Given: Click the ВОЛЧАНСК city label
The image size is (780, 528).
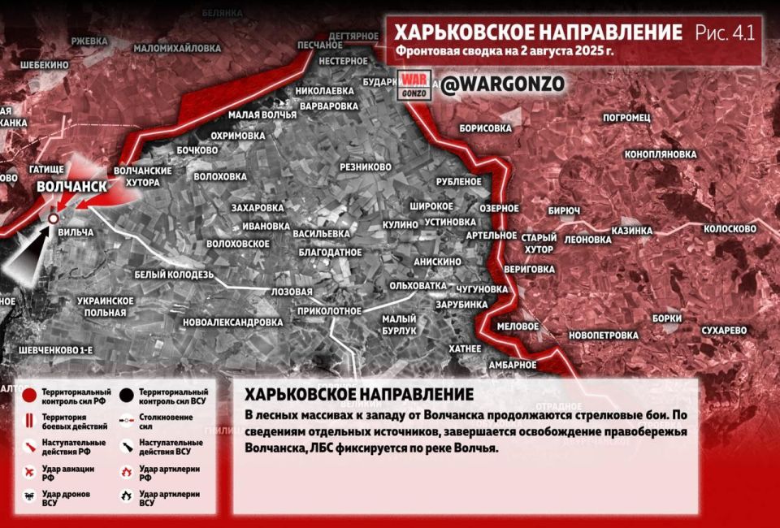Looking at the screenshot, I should pyautogui.click(x=71, y=187).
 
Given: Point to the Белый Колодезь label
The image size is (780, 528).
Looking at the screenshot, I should pyautogui.click(x=174, y=275).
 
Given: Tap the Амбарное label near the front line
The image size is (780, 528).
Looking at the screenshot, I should pyautogui.click(x=513, y=365).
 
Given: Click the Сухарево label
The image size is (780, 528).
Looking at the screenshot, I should pyautogui.click(x=723, y=331).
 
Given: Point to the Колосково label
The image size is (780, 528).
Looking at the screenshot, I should pyautogui.click(x=730, y=229).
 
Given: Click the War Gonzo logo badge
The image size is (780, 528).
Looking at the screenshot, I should pyautogui.click(x=414, y=84).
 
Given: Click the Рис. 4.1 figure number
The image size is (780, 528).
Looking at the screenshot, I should pyautogui.click(x=726, y=32).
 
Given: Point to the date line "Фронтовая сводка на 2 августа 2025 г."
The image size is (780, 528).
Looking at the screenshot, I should pyautogui.click(x=504, y=51).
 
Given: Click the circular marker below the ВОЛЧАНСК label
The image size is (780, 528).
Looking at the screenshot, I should pyautogui.click(x=54, y=219).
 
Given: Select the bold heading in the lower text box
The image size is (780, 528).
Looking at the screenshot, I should pyautogui.click(x=359, y=394).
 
